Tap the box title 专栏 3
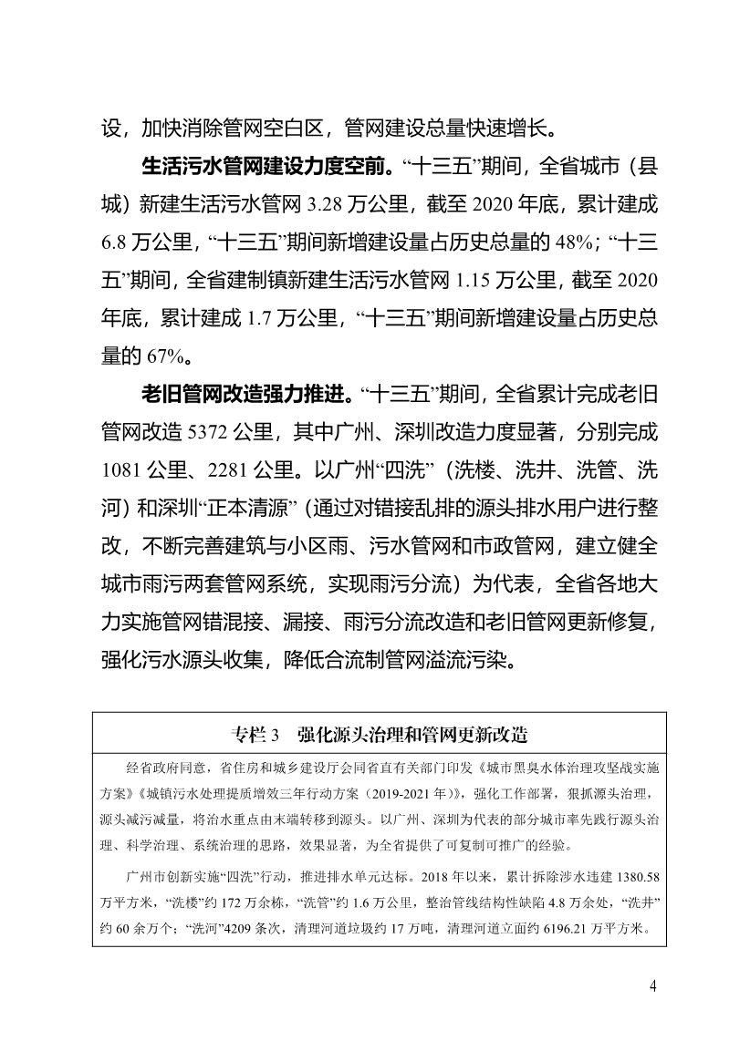[x=254, y=733]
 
